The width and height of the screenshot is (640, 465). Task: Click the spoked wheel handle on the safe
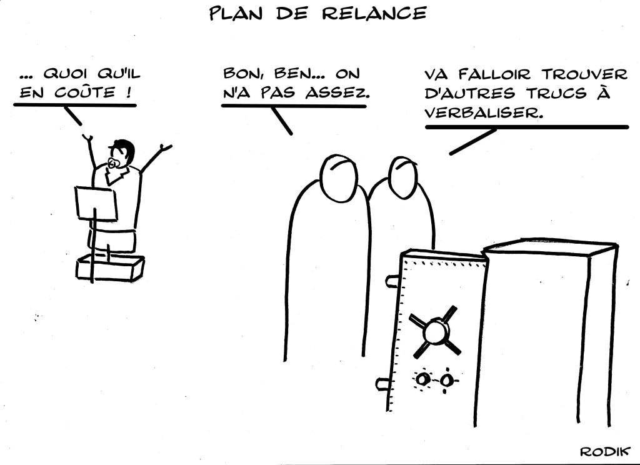click(436, 330)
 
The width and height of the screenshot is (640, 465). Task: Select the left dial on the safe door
click(423, 379)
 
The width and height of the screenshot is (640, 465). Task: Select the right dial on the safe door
click(446, 380)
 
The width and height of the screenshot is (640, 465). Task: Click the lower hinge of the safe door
click(381, 383)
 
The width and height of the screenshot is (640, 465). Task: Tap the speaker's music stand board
click(96, 203)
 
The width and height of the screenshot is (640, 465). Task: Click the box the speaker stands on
click(110, 267)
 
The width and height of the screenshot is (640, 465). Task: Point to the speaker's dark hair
click(125, 149)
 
